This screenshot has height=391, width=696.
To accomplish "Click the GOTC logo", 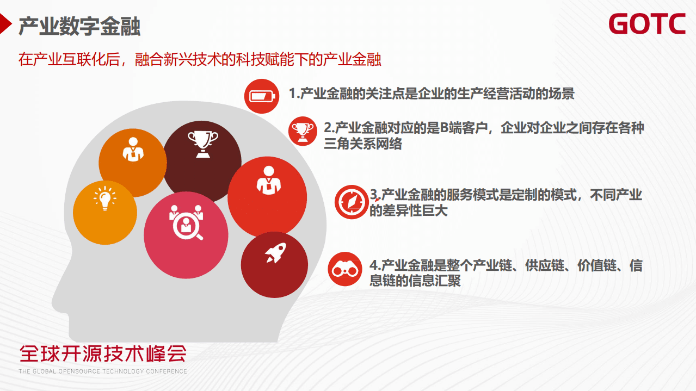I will click(x=646, y=24).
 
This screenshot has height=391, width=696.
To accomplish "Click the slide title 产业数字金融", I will click(x=79, y=26).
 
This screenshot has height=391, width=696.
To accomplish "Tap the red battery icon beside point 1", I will click(x=262, y=96).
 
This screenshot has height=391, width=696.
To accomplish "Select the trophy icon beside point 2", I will click(x=303, y=131).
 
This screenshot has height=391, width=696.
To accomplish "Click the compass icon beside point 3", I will click(x=351, y=202).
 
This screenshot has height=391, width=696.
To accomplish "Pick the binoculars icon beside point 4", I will click(x=345, y=269).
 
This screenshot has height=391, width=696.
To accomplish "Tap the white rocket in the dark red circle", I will click(x=275, y=253).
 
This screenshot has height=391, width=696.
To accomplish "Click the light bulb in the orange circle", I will click(x=105, y=199).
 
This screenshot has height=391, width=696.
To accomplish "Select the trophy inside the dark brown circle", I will click(x=202, y=144).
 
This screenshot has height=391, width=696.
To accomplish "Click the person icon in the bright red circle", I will click(x=267, y=179).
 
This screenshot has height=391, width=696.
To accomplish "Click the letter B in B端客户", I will click(x=444, y=128).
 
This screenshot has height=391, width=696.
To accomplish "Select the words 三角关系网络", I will click(x=362, y=144).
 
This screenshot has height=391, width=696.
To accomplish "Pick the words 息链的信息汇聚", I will click(x=415, y=281).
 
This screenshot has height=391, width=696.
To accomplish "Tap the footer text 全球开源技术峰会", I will click(x=103, y=354).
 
